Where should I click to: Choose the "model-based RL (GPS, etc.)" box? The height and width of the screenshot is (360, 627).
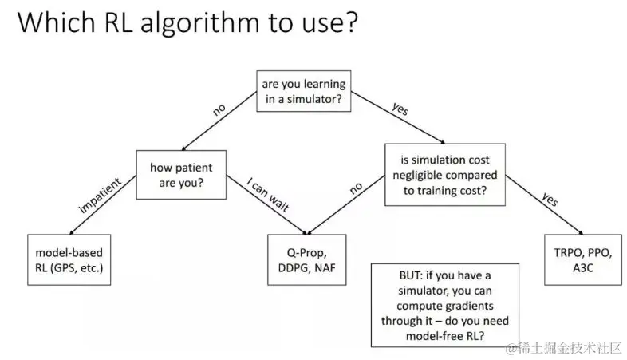click(x=68, y=260)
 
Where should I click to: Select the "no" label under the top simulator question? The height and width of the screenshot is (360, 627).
click(x=219, y=110)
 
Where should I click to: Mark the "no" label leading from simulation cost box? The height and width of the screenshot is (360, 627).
click(x=356, y=188)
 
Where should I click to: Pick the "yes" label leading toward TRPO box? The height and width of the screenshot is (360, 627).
click(x=549, y=200)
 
